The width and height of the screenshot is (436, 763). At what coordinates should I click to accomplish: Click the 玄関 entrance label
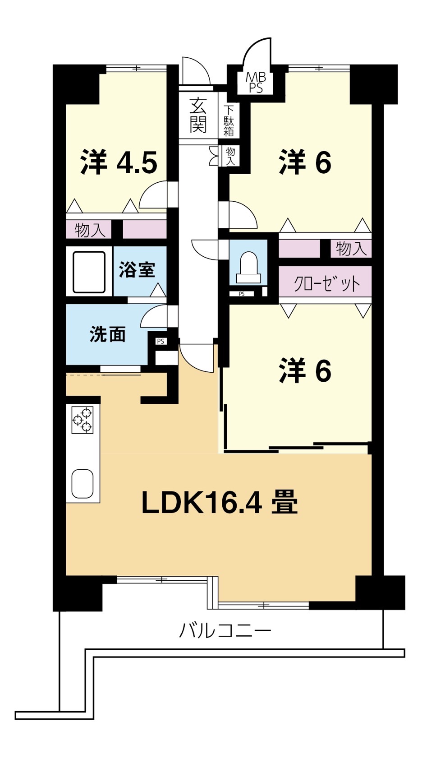click(x=198, y=115)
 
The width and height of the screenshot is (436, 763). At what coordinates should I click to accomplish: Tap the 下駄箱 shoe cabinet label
click(x=229, y=121)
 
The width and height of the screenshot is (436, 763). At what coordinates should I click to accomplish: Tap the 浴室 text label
click(x=137, y=270)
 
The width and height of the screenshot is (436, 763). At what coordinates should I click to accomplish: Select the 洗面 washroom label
click(x=108, y=334)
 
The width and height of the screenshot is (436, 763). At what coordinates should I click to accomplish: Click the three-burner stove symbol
click(x=83, y=421)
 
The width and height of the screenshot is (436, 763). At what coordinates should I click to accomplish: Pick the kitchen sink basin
click(x=83, y=484)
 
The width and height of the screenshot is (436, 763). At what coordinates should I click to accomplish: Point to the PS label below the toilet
click(x=242, y=294)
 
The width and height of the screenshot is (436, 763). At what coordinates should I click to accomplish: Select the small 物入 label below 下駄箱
click(x=230, y=157)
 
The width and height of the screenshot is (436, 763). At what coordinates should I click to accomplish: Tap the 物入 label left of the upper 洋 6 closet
click(x=351, y=248)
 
